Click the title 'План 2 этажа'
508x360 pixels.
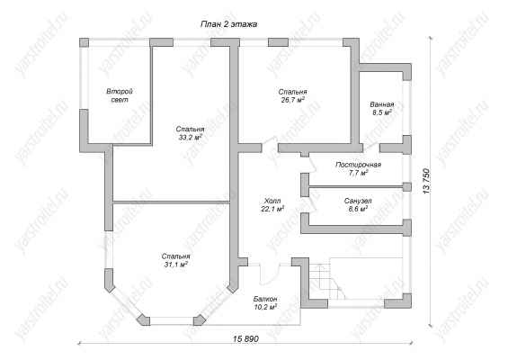pos(228,24)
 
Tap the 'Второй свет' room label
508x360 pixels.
pos(120,95)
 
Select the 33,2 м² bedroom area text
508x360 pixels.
pos(190,137)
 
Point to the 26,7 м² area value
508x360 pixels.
pos(292,100)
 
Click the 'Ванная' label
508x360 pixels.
pos(382,104)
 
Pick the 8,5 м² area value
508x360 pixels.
pos(382,112)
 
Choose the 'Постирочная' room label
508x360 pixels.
pos(358,165)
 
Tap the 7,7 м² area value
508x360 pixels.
pos(358,173)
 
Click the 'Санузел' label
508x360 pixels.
pos(358,201)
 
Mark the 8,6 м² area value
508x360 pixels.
pos(358,209)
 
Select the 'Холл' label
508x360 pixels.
pos(272,201)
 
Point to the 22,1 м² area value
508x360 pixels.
pos(272,209)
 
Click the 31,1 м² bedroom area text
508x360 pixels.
pos(176,265)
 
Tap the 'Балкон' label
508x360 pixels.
pos(265,299)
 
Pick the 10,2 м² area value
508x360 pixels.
pos(265,307)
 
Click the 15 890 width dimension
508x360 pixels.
pos(245,339)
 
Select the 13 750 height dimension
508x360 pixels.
pos(426,181)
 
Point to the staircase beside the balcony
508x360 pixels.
pos(327,281)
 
